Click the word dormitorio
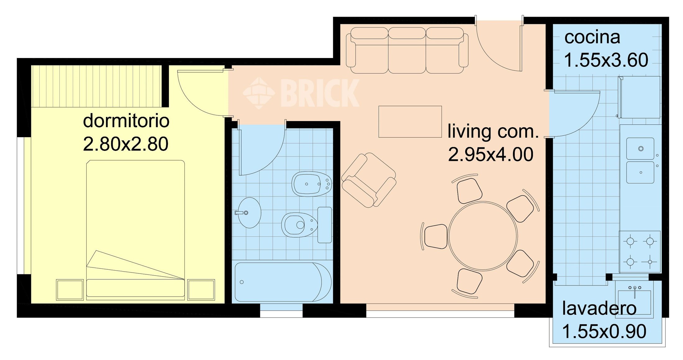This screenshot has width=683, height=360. tap(126, 121)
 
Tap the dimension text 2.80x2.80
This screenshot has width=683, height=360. tap(126, 144)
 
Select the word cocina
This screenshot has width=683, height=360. tap(592, 38)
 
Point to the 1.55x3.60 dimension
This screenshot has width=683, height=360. tap(606, 60)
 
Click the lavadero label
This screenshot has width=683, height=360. tap(599, 308)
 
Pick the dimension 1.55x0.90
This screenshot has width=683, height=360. tap(604, 331)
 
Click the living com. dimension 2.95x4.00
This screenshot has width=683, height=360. tap(491, 155)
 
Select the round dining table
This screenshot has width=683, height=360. tap(483, 236)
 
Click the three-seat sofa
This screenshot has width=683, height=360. tap(407, 50)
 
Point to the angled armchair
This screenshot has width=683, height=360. tap(369, 180)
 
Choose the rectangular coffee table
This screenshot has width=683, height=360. tap(410, 122)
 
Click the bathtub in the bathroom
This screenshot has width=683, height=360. tap(283, 282)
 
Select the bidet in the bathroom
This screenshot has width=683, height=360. tap(311, 184)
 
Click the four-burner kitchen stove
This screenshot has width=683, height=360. tap(640, 251)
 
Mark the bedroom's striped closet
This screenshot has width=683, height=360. tap(97, 86)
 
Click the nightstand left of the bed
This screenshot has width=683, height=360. tap(70, 290)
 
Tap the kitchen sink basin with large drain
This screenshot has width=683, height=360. tap(640, 149)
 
